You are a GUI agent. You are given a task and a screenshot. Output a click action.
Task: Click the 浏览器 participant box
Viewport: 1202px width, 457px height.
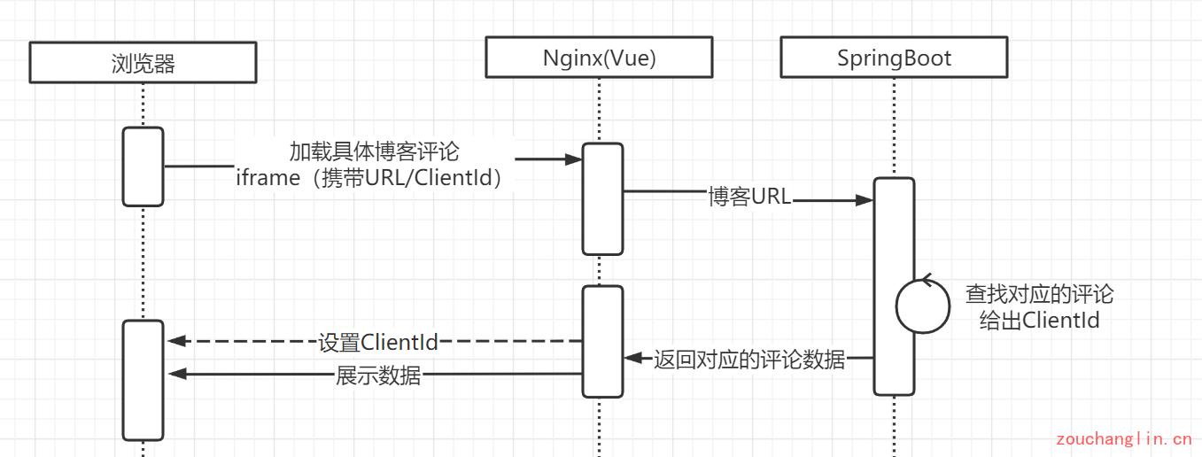143,63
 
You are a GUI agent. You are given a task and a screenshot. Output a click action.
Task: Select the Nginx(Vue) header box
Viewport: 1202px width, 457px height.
599,58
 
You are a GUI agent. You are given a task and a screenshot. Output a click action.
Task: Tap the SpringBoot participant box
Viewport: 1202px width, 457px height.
894,58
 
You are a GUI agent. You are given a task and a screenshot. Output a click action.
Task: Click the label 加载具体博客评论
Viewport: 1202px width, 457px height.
374,151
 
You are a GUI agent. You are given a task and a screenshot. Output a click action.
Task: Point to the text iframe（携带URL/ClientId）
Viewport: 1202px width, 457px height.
374,177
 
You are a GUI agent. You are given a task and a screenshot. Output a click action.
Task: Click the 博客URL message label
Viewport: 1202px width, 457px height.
748,197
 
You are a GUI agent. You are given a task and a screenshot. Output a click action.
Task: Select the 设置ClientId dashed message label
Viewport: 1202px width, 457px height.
378,342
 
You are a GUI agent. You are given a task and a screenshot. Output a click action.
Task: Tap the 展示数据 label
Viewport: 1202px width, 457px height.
378,376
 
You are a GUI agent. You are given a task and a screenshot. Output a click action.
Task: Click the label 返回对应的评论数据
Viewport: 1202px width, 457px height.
749,360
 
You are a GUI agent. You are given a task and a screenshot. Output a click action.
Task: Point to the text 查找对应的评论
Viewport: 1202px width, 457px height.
1039,294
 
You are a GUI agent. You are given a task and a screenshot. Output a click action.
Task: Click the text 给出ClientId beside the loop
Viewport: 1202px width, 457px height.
1039,320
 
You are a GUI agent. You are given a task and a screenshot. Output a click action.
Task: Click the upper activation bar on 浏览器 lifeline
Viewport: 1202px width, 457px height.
143,167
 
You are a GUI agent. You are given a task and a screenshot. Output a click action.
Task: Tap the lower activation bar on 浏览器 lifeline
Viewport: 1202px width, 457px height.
143,380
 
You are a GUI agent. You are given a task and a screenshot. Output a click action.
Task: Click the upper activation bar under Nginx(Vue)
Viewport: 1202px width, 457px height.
602,199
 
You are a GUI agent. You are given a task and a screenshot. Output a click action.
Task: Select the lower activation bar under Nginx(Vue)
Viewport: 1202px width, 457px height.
602,341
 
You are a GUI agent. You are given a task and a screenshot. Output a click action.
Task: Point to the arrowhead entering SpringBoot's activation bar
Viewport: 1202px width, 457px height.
865,201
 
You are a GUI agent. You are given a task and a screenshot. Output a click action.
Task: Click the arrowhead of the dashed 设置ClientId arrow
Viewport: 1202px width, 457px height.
175,341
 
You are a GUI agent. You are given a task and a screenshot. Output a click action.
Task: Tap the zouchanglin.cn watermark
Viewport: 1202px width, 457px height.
1123,438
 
